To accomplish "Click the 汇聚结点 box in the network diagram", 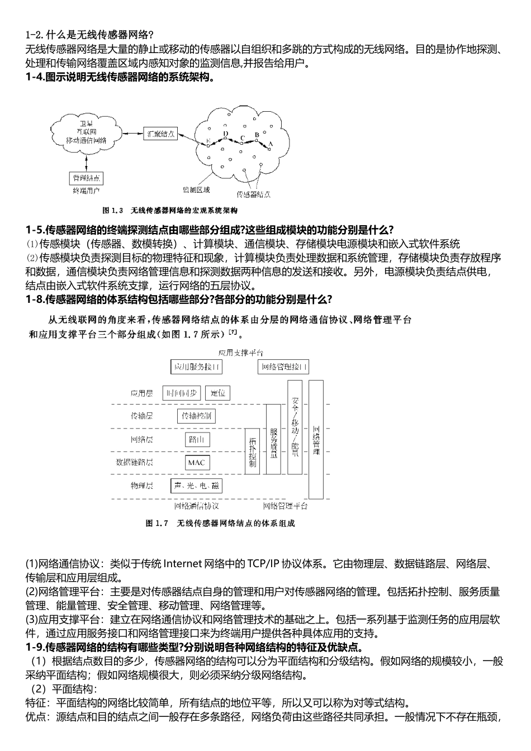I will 161,134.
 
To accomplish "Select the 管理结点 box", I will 86,178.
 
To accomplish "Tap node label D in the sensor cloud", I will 226,134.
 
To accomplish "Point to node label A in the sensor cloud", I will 271,144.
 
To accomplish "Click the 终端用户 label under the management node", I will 86,191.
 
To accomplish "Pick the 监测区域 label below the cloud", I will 197,190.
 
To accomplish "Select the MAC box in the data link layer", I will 196,463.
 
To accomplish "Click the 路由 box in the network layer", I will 196,440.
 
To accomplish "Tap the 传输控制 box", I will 196,416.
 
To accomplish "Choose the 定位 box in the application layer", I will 217,393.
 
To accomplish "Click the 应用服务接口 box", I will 196,367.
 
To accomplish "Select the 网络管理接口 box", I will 283,367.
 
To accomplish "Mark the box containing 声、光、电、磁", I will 196,486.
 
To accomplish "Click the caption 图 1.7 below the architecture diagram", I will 157,524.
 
